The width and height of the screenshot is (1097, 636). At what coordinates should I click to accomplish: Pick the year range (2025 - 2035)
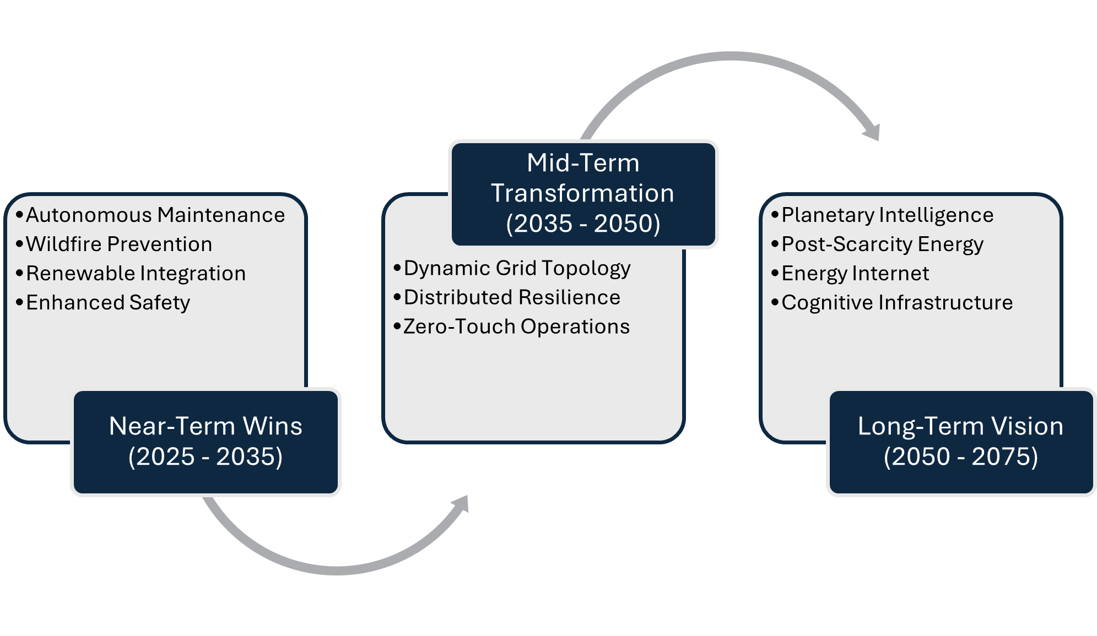(206, 456)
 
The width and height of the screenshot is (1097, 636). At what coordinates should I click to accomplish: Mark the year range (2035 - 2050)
(583, 224)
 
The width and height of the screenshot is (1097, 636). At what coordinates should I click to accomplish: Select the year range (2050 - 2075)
(960, 456)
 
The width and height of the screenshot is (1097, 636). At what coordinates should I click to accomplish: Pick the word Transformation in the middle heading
(583, 193)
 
